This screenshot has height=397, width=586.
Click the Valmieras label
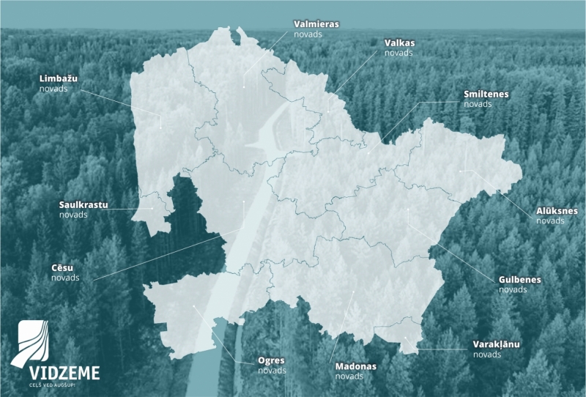pyautogui.click(x=316, y=24)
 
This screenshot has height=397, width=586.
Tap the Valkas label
pyautogui.click(x=400, y=43)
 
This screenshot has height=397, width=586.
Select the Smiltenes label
pyautogui.click(x=486, y=94)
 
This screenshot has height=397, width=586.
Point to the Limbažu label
pyautogui.click(x=59, y=78)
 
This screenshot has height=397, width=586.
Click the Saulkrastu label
pyautogui.click(x=84, y=205)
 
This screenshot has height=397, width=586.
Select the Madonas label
pyautogui.click(x=355, y=366)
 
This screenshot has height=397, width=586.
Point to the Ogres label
pyautogui.click(x=271, y=360)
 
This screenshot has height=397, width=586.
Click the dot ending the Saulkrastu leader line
pyautogui.click(x=152, y=207)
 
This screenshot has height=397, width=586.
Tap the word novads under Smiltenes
pyautogui.click(x=478, y=104)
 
